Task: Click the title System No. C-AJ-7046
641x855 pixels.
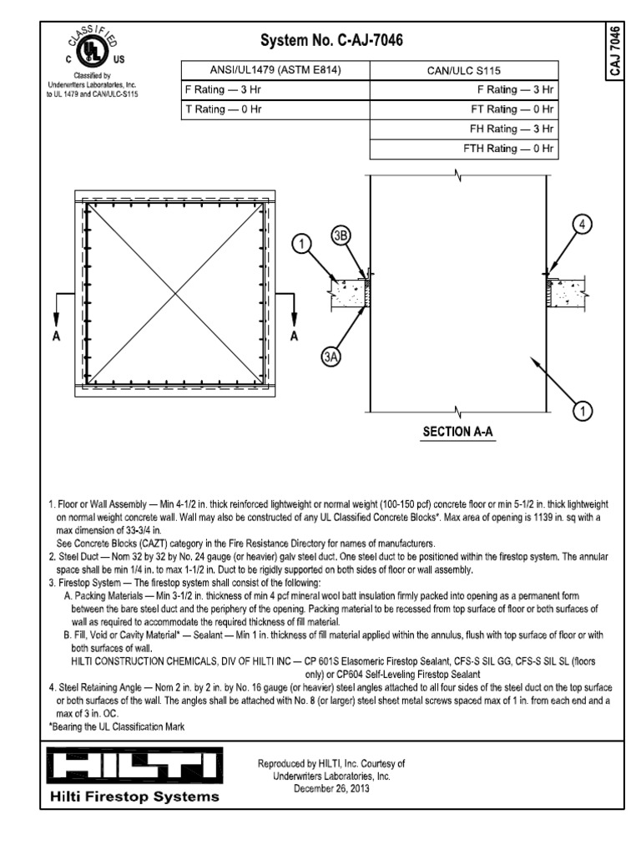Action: pos(334,40)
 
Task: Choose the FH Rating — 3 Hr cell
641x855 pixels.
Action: pos(463,129)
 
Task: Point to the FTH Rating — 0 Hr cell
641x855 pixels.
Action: pos(463,149)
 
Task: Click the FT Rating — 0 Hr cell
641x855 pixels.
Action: pos(463,109)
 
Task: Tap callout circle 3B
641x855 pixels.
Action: pos(341,236)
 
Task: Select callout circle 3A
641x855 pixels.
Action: pos(331,357)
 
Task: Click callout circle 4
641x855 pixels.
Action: pos(583,224)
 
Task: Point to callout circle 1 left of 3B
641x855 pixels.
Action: pos(302,244)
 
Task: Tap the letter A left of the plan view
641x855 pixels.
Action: pos(57,337)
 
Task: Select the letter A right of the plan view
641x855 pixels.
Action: pos(294,337)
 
